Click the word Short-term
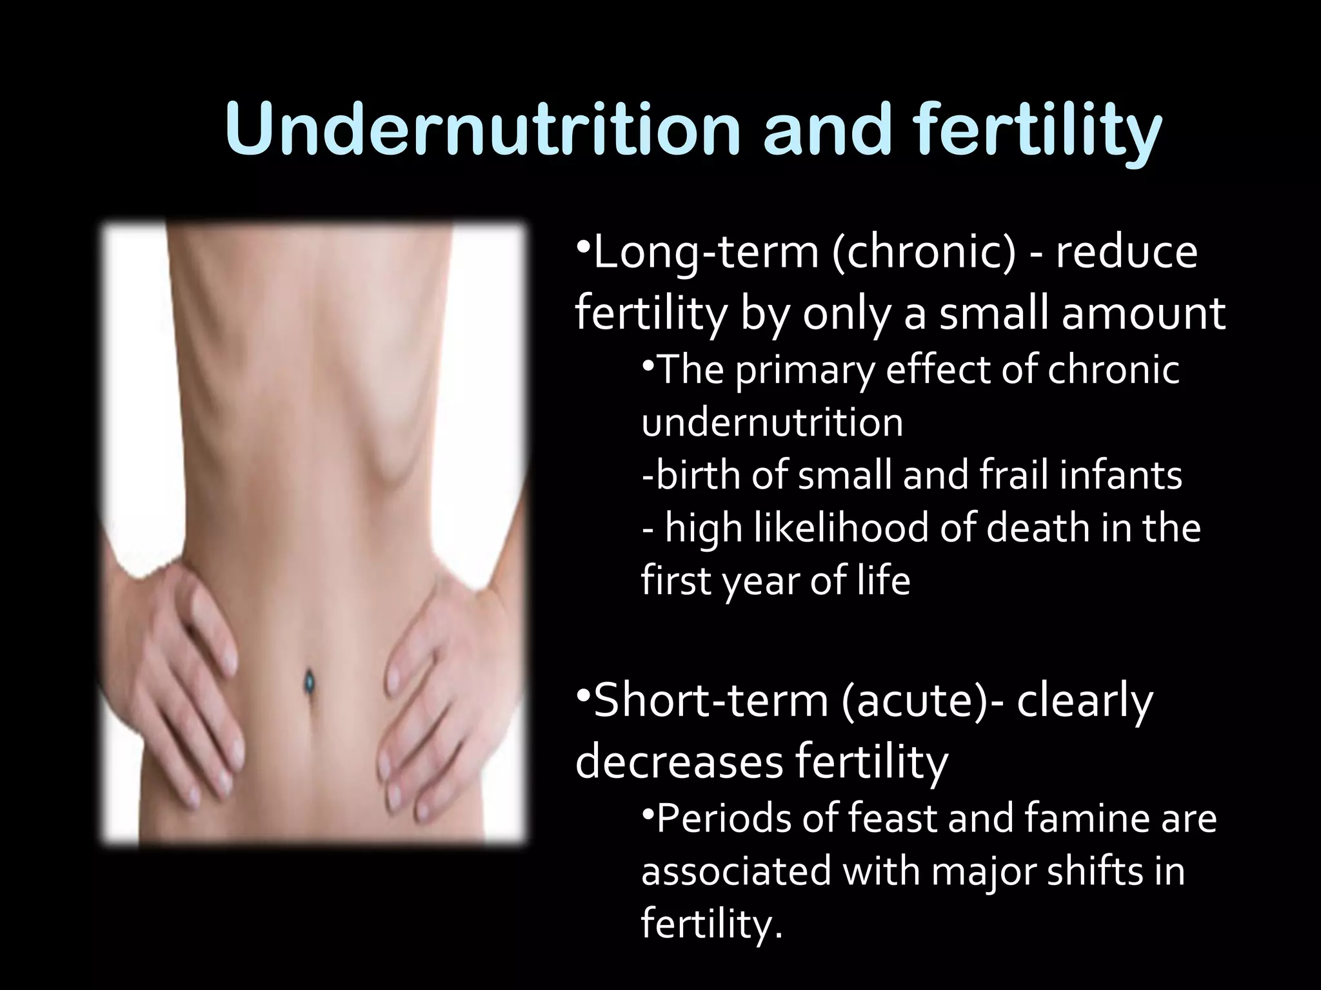(710, 701)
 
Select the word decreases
(678, 762)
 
